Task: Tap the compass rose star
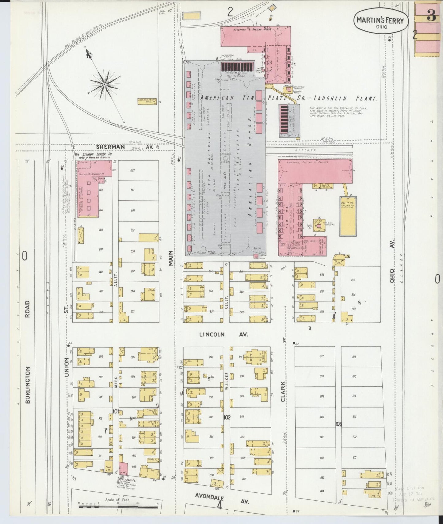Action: pos(105,84)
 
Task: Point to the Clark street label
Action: pos(283,391)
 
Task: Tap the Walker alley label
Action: pos(227,381)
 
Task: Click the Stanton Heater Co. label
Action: pos(94,154)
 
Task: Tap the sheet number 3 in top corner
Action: pos(431,16)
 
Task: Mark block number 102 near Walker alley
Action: pos(227,417)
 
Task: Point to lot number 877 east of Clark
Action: pos(322,356)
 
